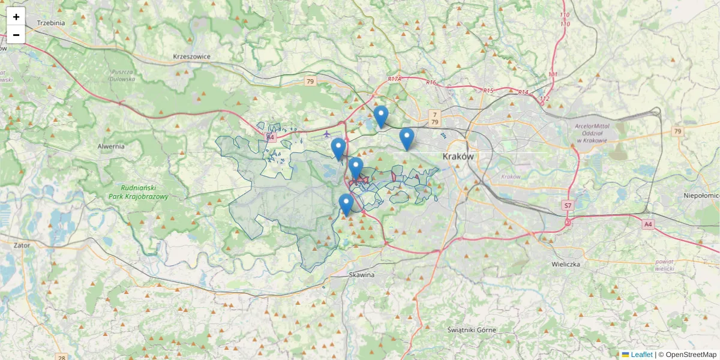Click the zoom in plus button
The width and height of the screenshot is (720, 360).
click(16, 17)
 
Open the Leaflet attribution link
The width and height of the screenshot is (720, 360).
click(641, 355)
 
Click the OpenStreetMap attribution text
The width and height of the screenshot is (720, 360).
click(691, 355)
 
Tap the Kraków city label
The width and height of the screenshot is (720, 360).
click(458, 156)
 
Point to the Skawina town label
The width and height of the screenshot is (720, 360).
click(362, 274)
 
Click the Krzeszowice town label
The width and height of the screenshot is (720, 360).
click(191, 56)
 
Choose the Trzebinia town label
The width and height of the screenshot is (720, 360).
click(51, 23)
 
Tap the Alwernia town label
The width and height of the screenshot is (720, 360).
click(111, 146)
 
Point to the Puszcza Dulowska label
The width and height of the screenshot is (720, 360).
click(122, 75)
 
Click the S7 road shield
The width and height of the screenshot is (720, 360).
click(568, 206)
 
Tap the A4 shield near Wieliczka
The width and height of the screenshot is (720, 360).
click(647, 224)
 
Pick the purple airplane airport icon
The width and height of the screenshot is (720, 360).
click(326, 133)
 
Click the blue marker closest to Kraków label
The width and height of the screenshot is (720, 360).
click(407, 139)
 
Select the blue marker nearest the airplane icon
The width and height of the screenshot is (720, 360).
click(338, 149)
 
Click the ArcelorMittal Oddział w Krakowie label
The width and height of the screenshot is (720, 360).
click(591, 133)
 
